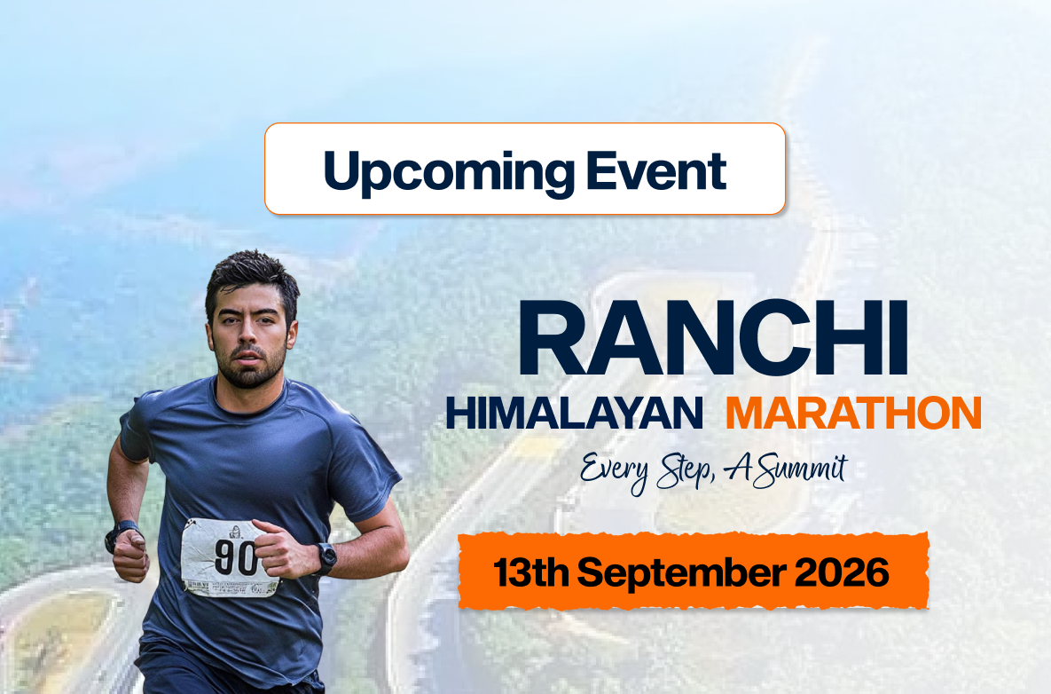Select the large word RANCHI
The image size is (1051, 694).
[714, 341]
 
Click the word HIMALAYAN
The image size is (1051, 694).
[574, 414]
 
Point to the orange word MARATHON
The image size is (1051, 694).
[852, 414]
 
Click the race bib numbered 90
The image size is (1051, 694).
[229, 557]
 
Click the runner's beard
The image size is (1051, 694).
[251, 371]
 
